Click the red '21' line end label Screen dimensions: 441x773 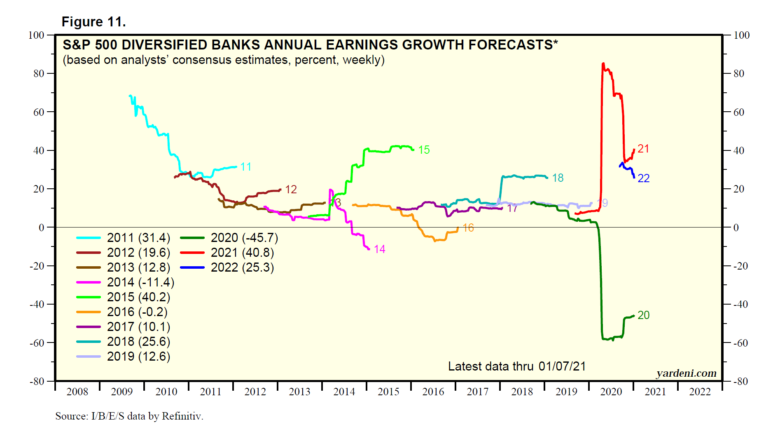(643, 149)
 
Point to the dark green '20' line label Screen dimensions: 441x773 (643, 315)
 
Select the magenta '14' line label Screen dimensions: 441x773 (379, 249)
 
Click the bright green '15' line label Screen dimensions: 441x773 (424, 150)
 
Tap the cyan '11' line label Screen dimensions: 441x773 (246, 167)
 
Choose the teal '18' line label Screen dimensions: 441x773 (558, 178)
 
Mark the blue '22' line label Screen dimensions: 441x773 (643, 178)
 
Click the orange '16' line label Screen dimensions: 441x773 (468, 228)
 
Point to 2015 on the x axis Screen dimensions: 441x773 (388, 392)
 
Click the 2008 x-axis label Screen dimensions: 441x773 (77, 392)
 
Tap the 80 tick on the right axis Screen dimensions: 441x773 (739, 74)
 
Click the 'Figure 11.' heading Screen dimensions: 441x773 (93, 22)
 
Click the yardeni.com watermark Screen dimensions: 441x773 (686, 373)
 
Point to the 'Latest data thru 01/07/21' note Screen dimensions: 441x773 (516, 366)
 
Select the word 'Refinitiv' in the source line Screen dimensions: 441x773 (182, 416)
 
